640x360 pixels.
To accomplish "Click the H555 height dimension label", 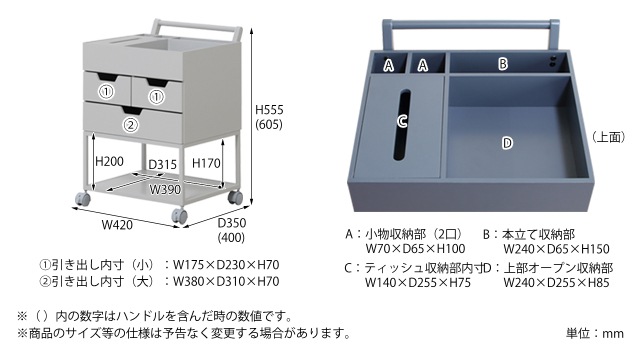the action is pos(270,109).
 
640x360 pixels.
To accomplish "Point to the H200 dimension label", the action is pos(109,160).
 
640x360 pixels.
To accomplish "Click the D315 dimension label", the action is pos(163,165).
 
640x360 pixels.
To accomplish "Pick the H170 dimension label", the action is pos(205,160).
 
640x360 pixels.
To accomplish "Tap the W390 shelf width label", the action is pos(166,189).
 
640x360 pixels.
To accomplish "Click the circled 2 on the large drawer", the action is pos(131,126).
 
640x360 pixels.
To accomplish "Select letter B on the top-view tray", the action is pos(504,64).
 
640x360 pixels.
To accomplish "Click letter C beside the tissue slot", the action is pos(401,121).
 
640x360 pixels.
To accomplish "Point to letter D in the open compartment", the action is pos(507,143).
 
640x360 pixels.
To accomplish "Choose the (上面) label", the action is pos(607,135).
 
